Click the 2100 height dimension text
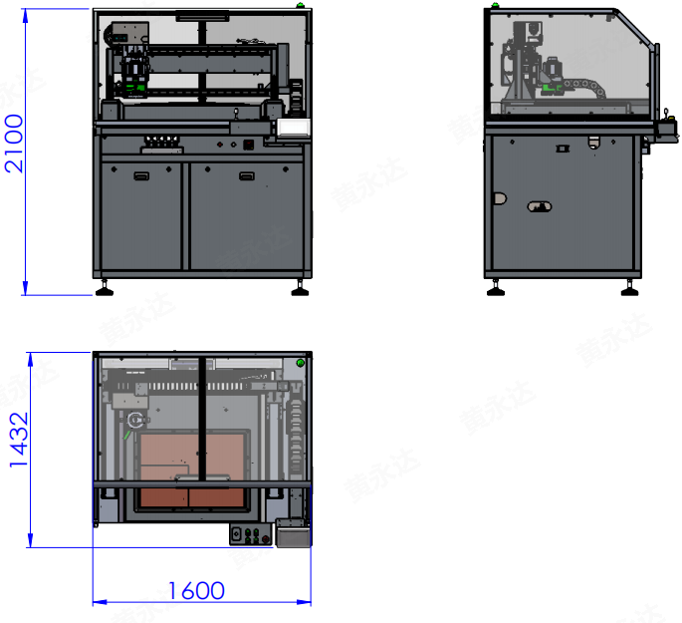[14, 144]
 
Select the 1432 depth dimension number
[19, 440]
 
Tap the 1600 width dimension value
[196, 591]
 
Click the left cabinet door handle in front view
[141, 175]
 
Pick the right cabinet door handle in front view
[247, 175]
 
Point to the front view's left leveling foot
[105, 289]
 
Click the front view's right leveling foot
[300, 289]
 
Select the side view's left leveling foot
[496, 289]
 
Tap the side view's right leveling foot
[629, 289]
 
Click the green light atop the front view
[300, 5]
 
